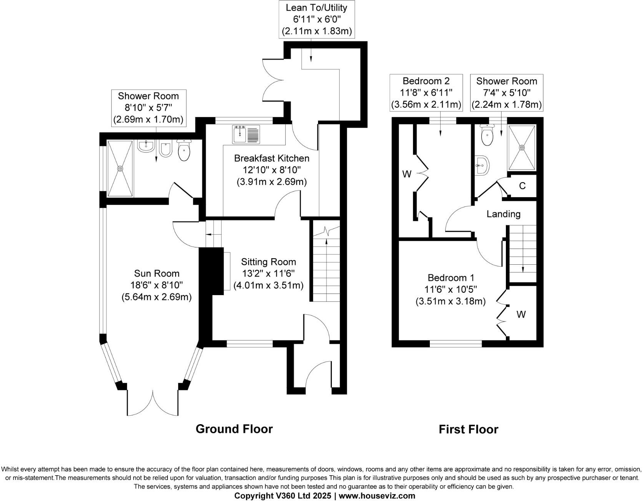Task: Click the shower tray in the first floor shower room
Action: coord(522,148)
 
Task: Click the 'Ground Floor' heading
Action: coord(234,429)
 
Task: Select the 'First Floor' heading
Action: coord(468,429)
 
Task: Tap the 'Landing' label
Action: coord(503,214)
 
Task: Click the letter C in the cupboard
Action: coord(522,186)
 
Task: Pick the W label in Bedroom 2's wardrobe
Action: coord(407,174)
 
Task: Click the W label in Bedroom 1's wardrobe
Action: coord(521,315)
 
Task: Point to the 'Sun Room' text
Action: coord(156,274)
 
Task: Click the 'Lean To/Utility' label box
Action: coord(317,19)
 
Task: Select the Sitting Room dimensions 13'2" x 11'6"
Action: coord(268,274)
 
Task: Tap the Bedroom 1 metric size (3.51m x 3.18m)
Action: coord(450,301)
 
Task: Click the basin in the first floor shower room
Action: coord(482,166)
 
